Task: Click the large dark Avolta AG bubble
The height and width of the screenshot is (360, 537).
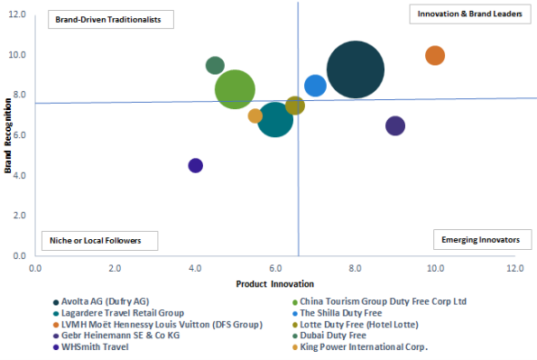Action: coord(356,69)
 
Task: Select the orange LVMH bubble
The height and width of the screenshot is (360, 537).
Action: coord(435,55)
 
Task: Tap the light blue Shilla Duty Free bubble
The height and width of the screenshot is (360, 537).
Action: coord(315,86)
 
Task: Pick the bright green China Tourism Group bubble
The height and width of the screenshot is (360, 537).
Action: coord(235,89)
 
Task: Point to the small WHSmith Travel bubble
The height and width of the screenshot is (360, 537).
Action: coord(195,166)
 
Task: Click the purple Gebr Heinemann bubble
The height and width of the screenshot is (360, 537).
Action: coord(395,125)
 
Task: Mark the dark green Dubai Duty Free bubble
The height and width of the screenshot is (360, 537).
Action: coord(215,66)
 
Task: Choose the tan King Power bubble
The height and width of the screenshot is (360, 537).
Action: coord(255,115)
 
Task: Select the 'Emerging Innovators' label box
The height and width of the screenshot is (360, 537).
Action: coord(483,239)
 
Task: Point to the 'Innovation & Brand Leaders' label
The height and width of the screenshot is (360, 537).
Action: coord(470,14)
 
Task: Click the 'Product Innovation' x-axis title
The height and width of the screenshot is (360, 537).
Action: coord(274,284)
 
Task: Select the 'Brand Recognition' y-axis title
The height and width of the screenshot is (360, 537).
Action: coord(7,135)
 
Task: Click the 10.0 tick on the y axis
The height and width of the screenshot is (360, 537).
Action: coord(17,55)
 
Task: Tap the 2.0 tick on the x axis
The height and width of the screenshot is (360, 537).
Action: coord(116,268)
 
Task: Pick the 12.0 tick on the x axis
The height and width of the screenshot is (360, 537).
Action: coord(515,268)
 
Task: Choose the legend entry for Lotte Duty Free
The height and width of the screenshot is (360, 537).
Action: coord(356,325)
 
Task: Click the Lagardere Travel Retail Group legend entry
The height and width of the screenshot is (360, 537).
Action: coord(118,313)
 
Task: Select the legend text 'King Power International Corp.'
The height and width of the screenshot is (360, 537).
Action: coord(364,347)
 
